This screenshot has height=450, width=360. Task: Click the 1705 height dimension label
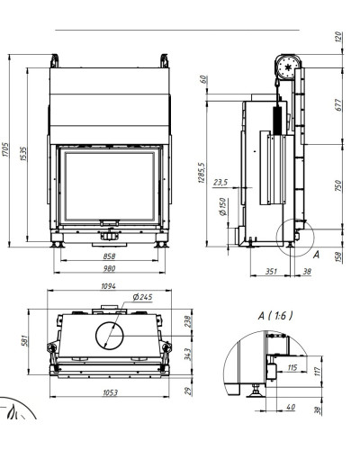(5, 149)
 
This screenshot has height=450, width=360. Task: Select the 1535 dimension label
(23, 154)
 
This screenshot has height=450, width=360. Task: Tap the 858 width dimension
(109, 256)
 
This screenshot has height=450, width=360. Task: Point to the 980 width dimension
(109, 268)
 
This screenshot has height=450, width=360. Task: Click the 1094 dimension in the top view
(108, 286)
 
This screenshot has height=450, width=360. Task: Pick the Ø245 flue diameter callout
(142, 297)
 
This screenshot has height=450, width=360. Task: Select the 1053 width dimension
(110, 392)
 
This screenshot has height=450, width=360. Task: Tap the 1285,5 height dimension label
(202, 173)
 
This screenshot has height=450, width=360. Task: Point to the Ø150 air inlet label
(223, 207)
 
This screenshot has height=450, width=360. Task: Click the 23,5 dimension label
(220, 182)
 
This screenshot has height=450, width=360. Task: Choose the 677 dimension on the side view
(338, 105)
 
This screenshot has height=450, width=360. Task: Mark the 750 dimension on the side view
(338, 185)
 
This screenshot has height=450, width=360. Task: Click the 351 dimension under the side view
(271, 271)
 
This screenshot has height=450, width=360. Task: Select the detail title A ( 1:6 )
(275, 315)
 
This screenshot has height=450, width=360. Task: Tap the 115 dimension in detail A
(292, 367)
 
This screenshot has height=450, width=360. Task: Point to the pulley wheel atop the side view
(289, 67)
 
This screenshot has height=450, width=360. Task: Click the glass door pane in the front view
(109, 187)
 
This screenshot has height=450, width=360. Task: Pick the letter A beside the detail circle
(316, 255)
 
